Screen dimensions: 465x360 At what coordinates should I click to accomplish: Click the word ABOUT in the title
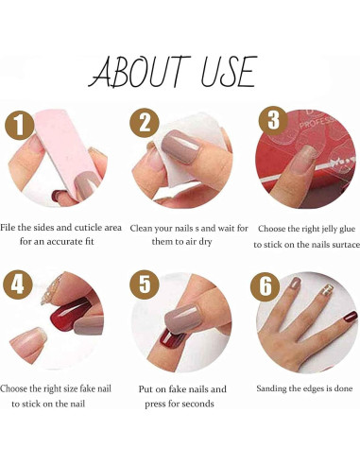tap(141, 72)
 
